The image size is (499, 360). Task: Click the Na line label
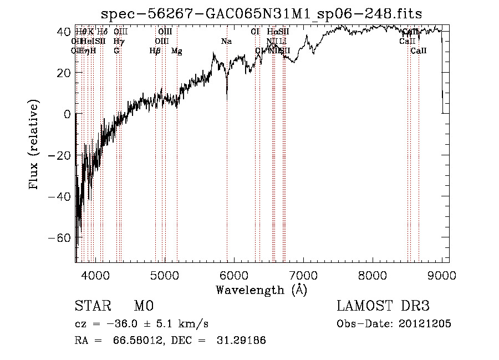(226, 41)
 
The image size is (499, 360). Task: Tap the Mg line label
(177, 51)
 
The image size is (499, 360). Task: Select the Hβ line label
(155, 51)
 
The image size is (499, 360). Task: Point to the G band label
(116, 51)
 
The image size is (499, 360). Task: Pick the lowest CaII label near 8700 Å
(419, 51)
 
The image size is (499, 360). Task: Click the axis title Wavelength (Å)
(261, 290)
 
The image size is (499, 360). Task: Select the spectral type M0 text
(144, 306)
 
